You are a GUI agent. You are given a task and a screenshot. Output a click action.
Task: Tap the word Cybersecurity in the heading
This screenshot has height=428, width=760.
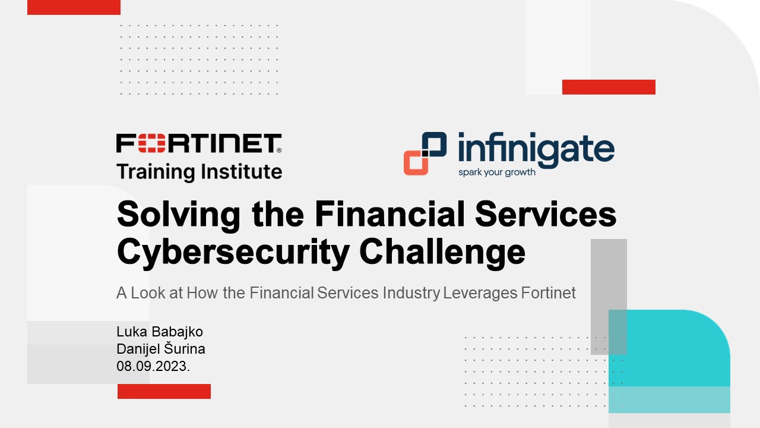233,252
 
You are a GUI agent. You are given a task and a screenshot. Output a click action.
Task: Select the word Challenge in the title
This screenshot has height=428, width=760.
442,252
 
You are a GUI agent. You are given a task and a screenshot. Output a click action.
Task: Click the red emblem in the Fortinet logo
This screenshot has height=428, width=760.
151,143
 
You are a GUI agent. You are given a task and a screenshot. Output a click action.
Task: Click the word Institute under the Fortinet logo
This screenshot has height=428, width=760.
241,171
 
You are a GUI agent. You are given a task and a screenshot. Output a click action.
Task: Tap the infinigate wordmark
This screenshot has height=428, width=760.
536,150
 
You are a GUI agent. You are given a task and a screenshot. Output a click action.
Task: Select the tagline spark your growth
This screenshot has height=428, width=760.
497,172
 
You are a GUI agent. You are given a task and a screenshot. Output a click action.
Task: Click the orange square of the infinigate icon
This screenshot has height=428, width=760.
416,162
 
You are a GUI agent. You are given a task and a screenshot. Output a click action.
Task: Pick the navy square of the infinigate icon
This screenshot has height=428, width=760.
434,145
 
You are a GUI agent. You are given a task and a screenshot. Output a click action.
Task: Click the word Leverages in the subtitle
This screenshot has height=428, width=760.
480,293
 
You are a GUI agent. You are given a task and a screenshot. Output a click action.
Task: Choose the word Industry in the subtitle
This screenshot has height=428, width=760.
411,293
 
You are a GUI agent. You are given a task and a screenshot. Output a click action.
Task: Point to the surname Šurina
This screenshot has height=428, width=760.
185,348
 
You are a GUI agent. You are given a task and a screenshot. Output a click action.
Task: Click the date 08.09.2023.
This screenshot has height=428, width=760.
153,366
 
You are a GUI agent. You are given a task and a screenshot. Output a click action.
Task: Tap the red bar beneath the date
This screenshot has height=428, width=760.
164,391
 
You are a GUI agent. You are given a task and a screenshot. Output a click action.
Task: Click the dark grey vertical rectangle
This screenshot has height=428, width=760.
609,297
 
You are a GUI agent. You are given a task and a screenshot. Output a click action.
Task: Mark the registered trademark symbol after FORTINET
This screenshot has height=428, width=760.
279,150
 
